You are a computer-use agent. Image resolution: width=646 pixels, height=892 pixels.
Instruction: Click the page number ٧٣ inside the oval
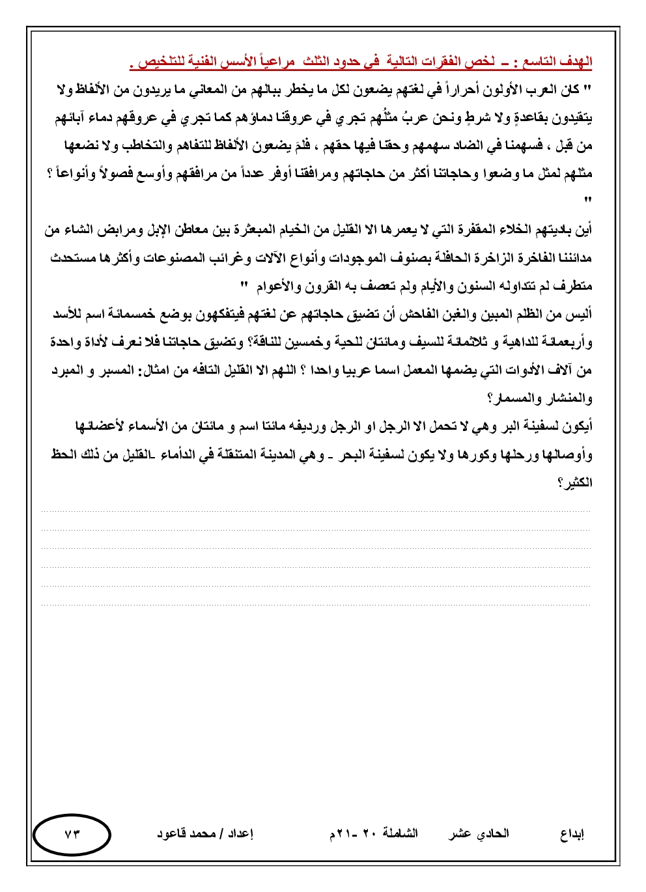click(x=72, y=834)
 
